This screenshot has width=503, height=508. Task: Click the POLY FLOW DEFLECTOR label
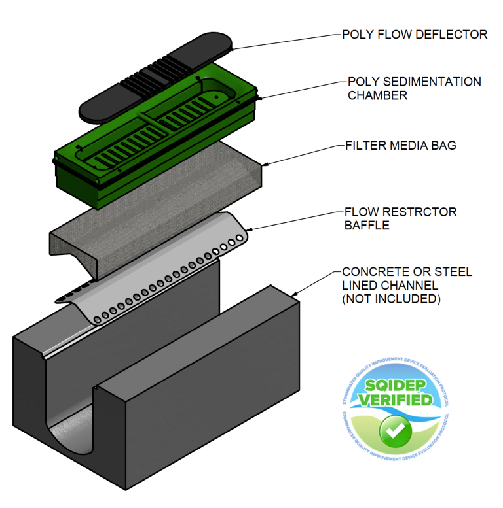(x=415, y=35)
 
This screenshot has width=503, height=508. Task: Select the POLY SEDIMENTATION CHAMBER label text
(x=414, y=88)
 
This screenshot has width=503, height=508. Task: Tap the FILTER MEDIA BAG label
(x=400, y=145)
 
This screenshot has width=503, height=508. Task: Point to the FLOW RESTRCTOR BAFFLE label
(x=400, y=218)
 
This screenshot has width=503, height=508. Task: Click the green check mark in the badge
(x=396, y=430)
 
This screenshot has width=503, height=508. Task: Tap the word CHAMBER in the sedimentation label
(x=377, y=95)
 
